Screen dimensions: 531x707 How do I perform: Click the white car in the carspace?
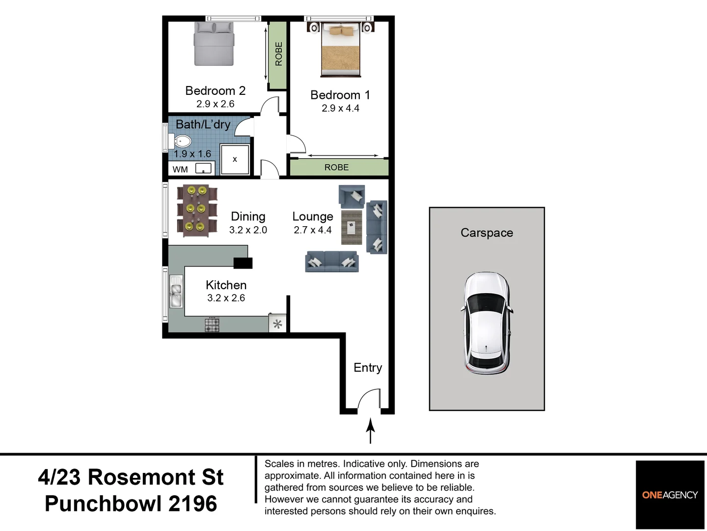coord(487,324)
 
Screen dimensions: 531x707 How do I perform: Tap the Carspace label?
coord(487,233)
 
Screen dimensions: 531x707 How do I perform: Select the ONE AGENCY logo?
coord(670,495)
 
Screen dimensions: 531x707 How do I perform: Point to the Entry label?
coord(368,367)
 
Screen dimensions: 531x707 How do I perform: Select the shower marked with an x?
coord(235,159)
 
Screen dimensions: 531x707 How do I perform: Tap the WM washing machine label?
coord(180,170)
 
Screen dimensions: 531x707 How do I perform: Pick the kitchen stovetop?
coord(212,325)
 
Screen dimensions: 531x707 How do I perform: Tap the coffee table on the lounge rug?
coord(352,227)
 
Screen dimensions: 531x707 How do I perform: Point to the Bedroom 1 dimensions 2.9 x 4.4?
coord(340,108)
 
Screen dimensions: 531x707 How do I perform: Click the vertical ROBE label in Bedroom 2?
coord(278,54)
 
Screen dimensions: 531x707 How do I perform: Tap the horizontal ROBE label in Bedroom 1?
coord(336,167)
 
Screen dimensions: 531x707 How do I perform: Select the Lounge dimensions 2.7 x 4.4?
coord(313,230)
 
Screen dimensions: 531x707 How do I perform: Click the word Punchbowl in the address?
coord(104,503)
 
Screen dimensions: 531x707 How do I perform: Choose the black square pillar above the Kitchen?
coord(243,263)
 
